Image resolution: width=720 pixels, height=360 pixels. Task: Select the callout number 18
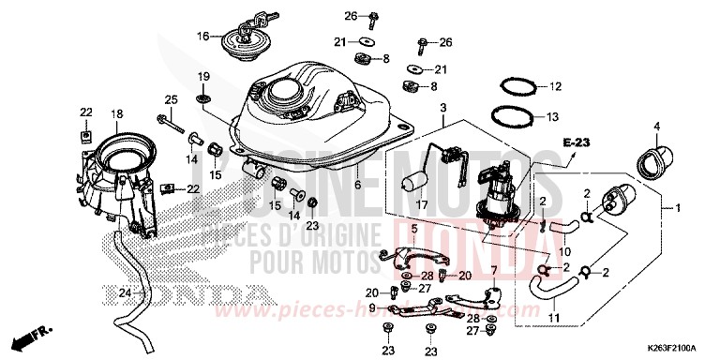pos(117,114)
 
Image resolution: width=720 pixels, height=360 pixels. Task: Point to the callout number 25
pos(172,100)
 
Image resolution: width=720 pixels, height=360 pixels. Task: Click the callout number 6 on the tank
pos(357,186)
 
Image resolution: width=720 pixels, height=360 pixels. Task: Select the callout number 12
pos(554,87)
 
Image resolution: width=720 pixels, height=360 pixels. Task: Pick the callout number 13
pos(554,117)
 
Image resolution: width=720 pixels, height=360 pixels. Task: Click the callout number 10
pos(565,252)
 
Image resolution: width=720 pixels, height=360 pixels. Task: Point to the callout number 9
pos(373,307)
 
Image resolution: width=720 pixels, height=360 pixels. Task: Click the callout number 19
pos(202,76)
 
